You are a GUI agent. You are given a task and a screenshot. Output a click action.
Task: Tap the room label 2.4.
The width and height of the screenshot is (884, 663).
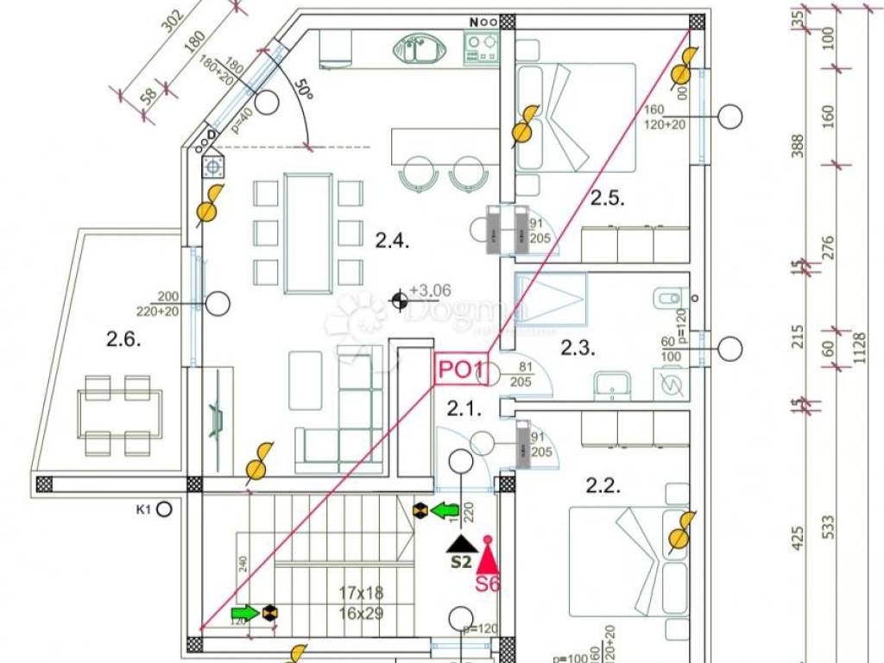tap(391, 241)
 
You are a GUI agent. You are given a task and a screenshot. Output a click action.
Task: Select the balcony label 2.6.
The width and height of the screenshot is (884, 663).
tap(123, 340)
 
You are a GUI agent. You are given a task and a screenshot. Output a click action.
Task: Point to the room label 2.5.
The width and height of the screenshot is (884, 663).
tap(608, 199)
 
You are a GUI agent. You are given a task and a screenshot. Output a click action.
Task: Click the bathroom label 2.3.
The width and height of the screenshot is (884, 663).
tap(579, 349)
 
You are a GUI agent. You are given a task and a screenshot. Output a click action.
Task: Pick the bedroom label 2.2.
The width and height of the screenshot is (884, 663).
tap(603, 486)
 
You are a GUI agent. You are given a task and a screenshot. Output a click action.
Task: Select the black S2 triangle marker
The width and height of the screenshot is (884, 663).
tap(462, 544)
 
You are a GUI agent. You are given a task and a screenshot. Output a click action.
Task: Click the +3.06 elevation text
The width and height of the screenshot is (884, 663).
tap(430, 291)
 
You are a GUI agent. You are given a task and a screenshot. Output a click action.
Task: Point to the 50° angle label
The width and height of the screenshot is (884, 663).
tap(301, 89)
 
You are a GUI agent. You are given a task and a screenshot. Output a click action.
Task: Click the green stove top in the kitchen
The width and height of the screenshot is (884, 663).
tap(480, 47)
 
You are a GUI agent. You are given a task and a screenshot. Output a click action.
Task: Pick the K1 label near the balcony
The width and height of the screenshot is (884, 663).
tap(143, 509)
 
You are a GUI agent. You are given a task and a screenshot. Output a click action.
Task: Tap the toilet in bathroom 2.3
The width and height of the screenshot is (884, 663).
tap(666, 299)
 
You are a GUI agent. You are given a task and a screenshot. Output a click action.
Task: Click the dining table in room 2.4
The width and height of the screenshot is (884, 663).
tap(308, 233)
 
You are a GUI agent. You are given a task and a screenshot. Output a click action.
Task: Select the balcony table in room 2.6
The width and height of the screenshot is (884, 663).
tap(117, 414)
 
